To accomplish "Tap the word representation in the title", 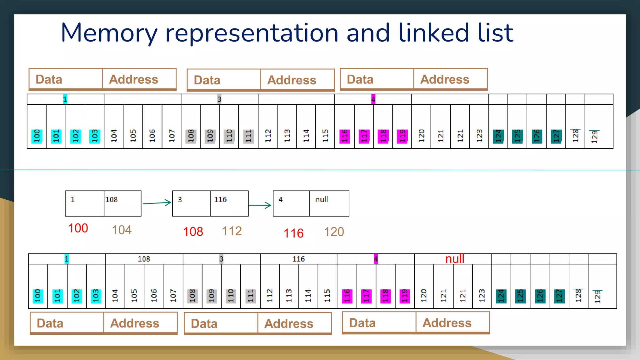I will (x=252, y=33).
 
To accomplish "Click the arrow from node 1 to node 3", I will (x=157, y=203).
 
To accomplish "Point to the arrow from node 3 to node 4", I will (x=260, y=205).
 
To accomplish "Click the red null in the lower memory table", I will (x=455, y=259).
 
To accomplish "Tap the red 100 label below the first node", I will (x=78, y=228).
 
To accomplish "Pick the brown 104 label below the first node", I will (x=122, y=230).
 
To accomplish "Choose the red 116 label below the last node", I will (x=293, y=233).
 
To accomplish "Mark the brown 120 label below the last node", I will (x=334, y=232).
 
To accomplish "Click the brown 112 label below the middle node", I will (x=232, y=231).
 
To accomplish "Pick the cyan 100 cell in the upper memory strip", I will (x=37, y=136).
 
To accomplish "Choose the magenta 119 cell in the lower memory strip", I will (x=405, y=296).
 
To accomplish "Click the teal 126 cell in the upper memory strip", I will (x=537, y=136).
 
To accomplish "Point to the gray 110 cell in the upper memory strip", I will (x=229, y=136).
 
